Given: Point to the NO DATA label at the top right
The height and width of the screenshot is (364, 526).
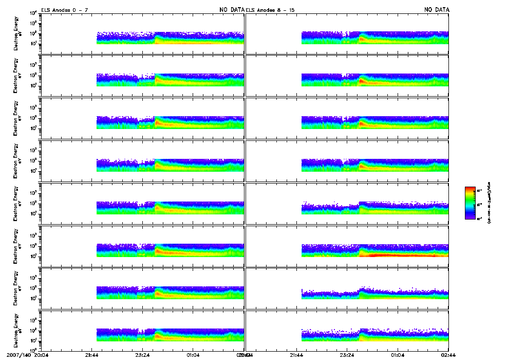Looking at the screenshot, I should [x=437, y=10].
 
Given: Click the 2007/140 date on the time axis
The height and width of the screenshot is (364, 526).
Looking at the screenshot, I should [x=17, y=354].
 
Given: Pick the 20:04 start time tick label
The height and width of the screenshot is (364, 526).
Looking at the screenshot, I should [x=42, y=354].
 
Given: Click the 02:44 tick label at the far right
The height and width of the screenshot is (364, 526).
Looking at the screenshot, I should [x=448, y=354].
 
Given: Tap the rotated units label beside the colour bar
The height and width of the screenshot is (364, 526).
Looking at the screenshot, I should [x=490, y=203].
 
